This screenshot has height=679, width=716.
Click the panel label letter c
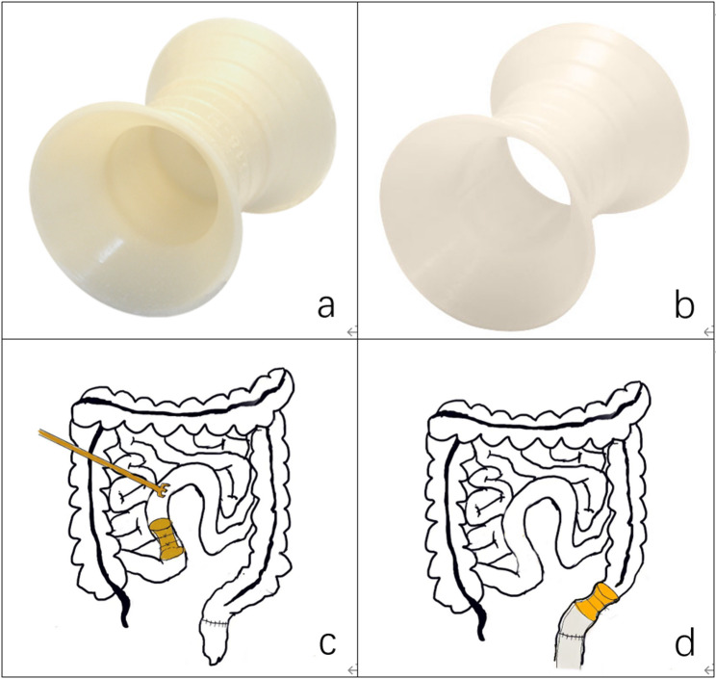click(324, 643)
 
